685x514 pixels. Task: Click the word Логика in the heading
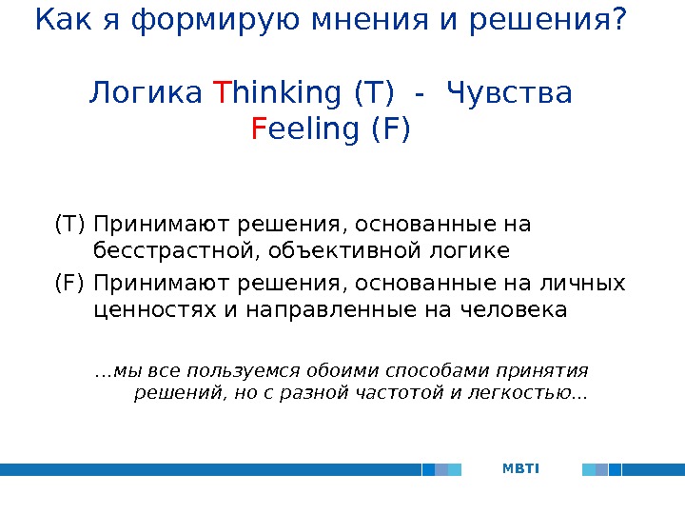click(146, 94)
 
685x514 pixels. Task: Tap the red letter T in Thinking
click(222, 94)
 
